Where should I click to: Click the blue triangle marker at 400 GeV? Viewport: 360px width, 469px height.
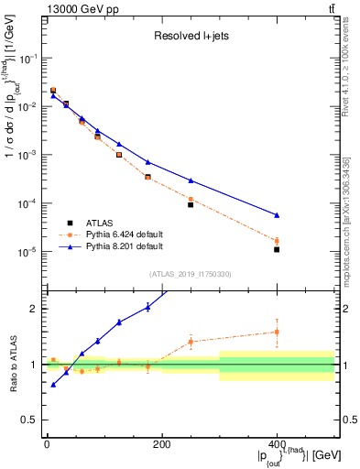pyautogui.click(x=277, y=215)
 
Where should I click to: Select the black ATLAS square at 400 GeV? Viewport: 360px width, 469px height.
pyautogui.click(x=277, y=249)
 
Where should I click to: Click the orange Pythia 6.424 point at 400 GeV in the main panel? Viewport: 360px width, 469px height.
pyautogui.click(x=277, y=241)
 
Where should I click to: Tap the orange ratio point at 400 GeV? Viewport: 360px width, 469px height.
pyautogui.click(x=277, y=332)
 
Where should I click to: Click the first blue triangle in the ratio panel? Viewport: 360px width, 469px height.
pyautogui.click(x=53, y=385)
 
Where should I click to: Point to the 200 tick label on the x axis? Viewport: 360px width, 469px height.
pyautogui.click(x=161, y=445)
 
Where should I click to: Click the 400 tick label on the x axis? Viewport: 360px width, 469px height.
pyautogui.click(x=277, y=445)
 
